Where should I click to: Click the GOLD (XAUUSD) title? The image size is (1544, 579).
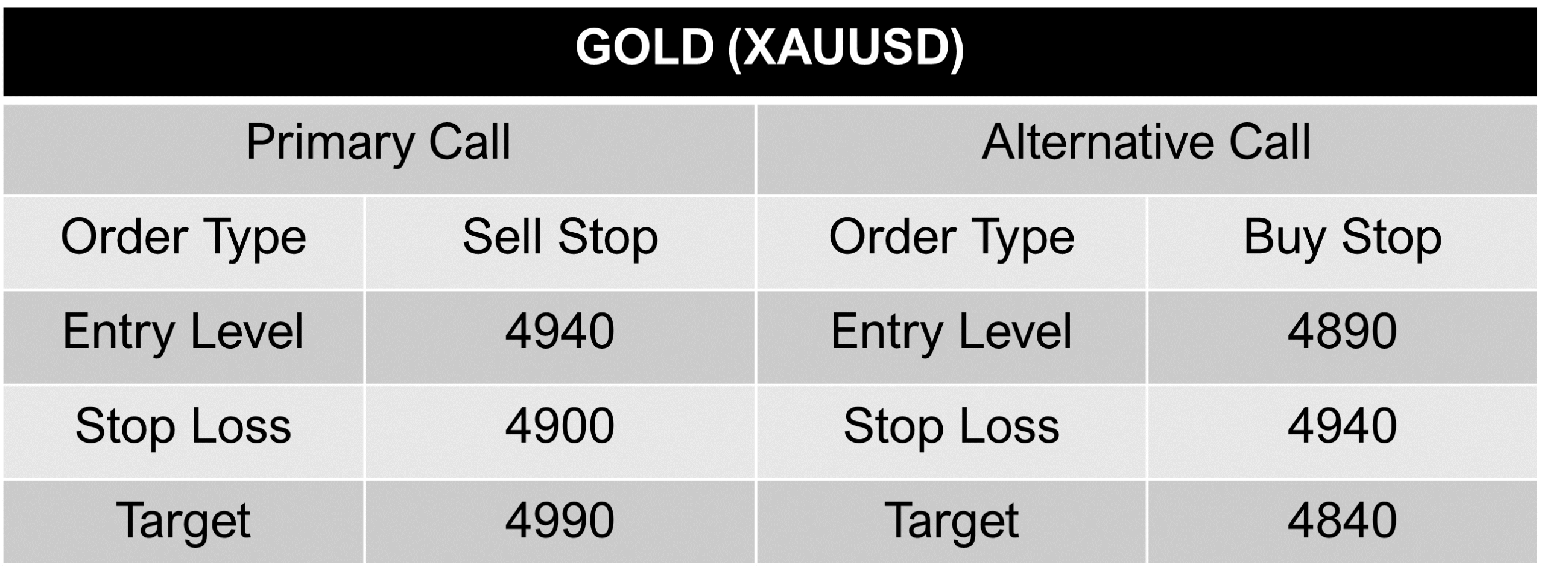[770, 48]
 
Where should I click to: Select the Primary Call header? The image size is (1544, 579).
[378, 143]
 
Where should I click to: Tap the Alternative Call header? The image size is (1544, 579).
[1146, 143]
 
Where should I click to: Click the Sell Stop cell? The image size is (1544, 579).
[560, 237]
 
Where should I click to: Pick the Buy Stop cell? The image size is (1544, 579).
[1342, 237]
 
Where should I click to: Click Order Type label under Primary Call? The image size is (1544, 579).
[183, 237]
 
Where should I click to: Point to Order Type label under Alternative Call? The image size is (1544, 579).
[951, 237]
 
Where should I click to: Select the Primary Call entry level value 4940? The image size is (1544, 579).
[560, 331]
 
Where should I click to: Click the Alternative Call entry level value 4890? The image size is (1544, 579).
[1342, 331]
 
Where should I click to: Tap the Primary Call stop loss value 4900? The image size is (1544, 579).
[560, 426]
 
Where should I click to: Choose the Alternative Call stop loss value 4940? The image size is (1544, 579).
[1342, 426]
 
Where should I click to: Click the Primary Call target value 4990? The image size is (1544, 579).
[560, 520]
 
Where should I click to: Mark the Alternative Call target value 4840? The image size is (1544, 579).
[1342, 520]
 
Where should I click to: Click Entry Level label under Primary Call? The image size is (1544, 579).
[183, 331]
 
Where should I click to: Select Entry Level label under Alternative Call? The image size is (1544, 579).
[951, 331]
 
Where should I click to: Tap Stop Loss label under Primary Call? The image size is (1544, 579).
[183, 426]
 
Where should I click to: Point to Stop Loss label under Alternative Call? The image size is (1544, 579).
[951, 426]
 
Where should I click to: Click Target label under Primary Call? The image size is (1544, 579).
[183, 520]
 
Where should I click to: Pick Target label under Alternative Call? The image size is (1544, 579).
[951, 520]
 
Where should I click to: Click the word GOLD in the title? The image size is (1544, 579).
[644, 48]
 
